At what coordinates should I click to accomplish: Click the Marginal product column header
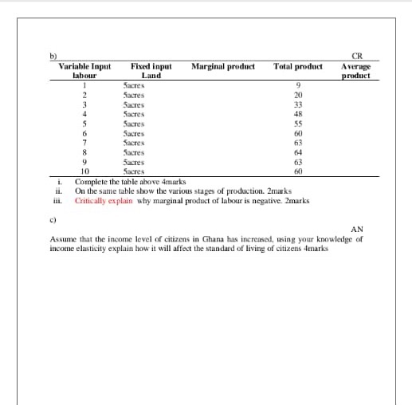coord(222,66)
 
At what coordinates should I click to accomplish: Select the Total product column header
coord(298,66)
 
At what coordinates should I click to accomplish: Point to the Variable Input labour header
coord(84,71)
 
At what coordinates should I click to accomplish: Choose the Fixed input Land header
coord(151,71)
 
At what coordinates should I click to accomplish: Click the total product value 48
coord(298,114)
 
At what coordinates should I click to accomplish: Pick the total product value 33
coord(298,104)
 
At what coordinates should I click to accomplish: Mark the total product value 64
coord(298,151)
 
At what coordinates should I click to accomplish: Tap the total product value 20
coord(298,95)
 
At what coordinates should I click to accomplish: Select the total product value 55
coord(298,124)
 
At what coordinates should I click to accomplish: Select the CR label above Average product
coord(356,56)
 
